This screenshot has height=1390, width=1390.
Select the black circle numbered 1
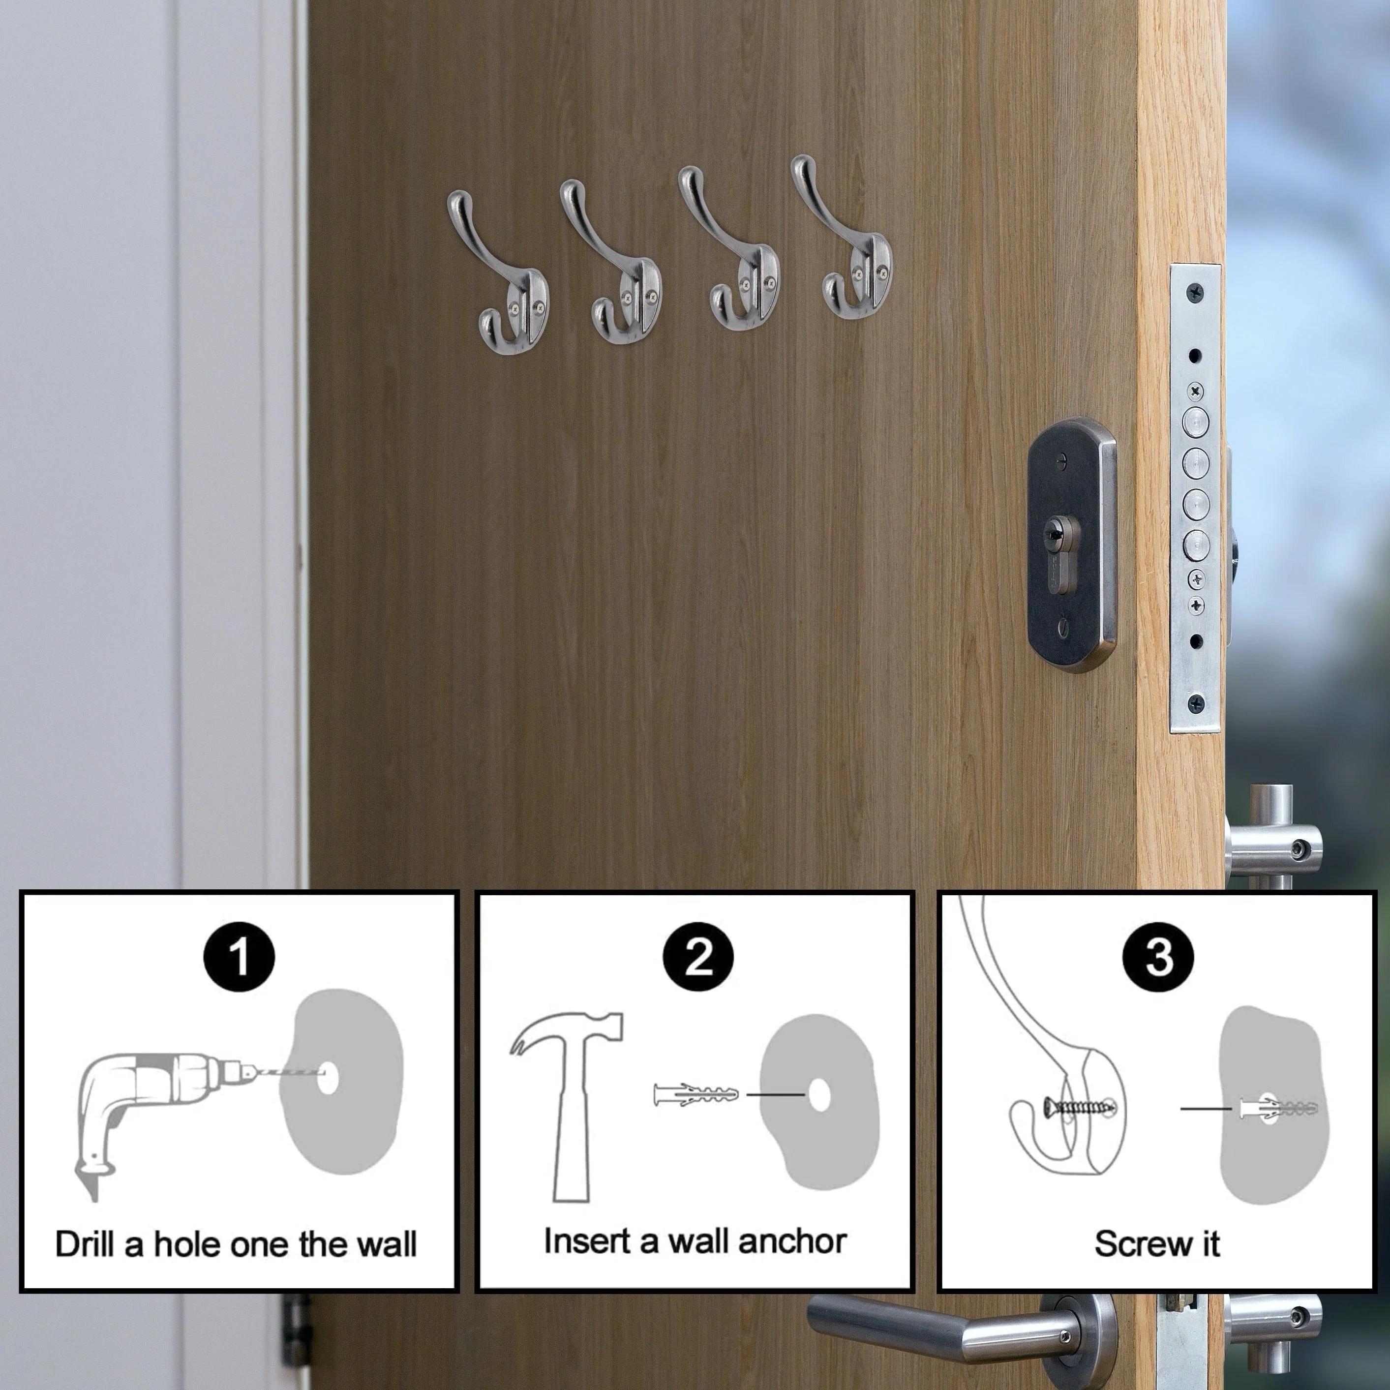[240, 958]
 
